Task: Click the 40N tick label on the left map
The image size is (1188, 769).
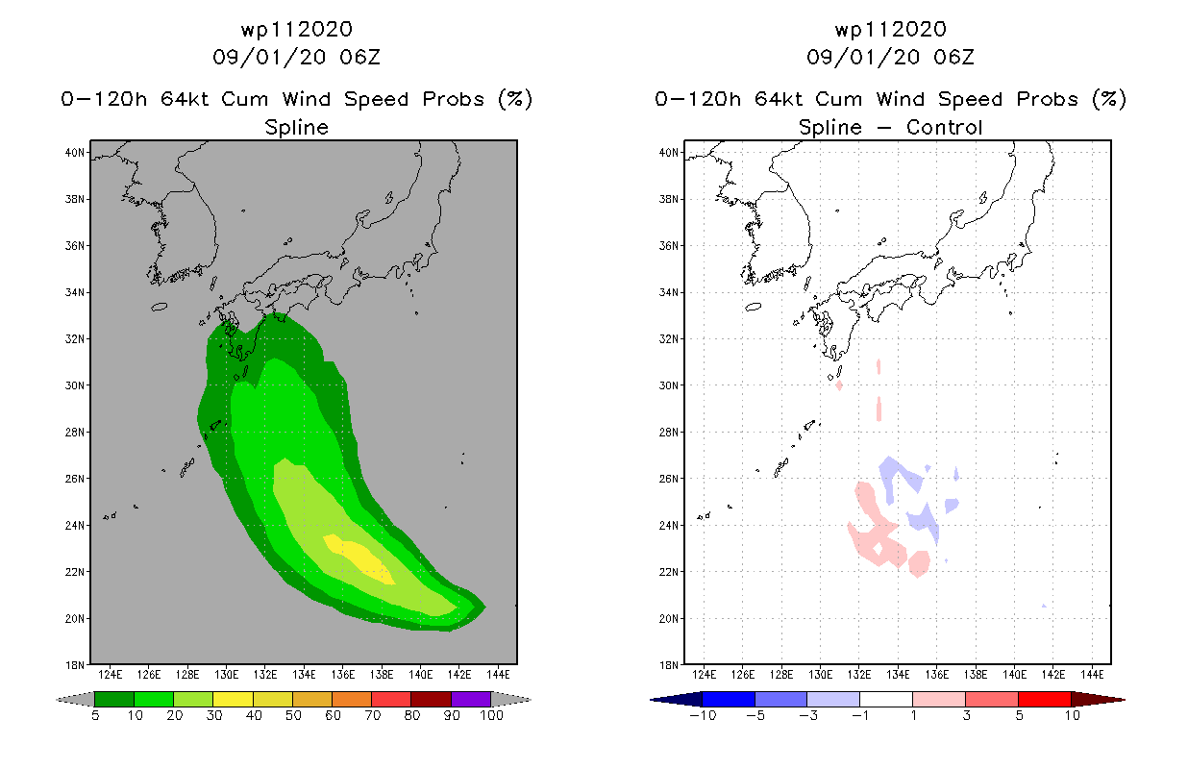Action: tap(74, 153)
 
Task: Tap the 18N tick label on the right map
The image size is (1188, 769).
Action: tap(668, 665)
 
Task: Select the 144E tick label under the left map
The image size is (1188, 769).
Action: tap(498, 675)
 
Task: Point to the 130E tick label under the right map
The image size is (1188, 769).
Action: tap(820, 675)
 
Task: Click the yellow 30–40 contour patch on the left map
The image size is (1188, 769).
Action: tap(360, 558)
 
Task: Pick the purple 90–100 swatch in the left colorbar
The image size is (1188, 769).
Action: tap(471, 699)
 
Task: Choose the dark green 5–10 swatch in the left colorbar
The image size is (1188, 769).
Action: tap(114, 699)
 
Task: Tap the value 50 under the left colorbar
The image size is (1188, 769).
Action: tap(293, 715)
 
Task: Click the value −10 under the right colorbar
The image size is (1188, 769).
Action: tap(703, 715)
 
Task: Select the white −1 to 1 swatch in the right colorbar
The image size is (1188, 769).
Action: tap(885, 699)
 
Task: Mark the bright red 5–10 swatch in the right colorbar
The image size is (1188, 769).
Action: tap(1044, 699)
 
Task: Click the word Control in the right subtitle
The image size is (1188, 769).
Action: tap(945, 127)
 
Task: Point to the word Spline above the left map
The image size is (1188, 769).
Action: tap(297, 127)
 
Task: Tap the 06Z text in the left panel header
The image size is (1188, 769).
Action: tap(360, 58)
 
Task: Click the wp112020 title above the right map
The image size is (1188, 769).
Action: tap(891, 30)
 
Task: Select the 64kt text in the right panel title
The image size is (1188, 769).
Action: tap(779, 99)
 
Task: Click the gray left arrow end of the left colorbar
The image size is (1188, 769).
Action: tap(75, 700)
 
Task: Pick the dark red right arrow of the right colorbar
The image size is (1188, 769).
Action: tap(1099, 700)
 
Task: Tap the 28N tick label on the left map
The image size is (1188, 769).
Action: tap(74, 433)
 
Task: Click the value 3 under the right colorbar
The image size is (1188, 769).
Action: tap(966, 715)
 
